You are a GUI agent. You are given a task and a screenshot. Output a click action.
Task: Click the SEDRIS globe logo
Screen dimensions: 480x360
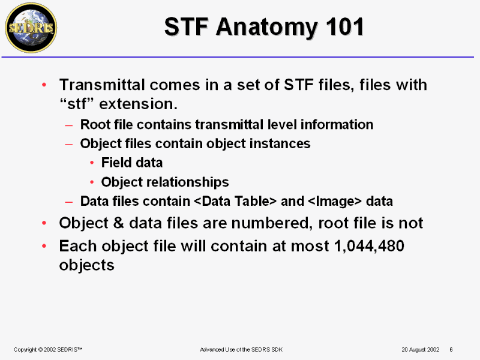coord(31,28)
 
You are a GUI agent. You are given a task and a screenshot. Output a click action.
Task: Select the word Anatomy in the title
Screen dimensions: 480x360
coord(266,28)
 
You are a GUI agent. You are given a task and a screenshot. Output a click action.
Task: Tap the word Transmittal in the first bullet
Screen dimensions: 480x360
coord(102,85)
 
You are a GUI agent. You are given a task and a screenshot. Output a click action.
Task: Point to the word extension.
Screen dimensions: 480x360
coord(139,104)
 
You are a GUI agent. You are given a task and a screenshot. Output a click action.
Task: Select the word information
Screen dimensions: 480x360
coord(337,125)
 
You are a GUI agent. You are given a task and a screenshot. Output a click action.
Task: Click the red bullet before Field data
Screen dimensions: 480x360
coord(92,163)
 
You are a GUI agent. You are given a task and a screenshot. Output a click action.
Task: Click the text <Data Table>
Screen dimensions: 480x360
coord(235,202)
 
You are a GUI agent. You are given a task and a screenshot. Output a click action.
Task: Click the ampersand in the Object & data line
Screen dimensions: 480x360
coord(118,223)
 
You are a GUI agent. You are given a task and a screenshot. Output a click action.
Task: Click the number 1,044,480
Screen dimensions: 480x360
coord(369,246)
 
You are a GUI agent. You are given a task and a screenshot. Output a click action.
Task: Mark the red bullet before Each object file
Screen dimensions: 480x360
coord(44,246)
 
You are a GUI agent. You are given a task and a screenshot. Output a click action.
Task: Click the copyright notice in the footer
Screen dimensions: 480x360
coord(48,350)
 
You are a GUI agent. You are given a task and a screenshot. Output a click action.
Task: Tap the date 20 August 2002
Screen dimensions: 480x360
coord(421,350)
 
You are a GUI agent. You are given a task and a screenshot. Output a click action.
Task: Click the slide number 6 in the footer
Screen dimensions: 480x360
coord(451,350)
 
